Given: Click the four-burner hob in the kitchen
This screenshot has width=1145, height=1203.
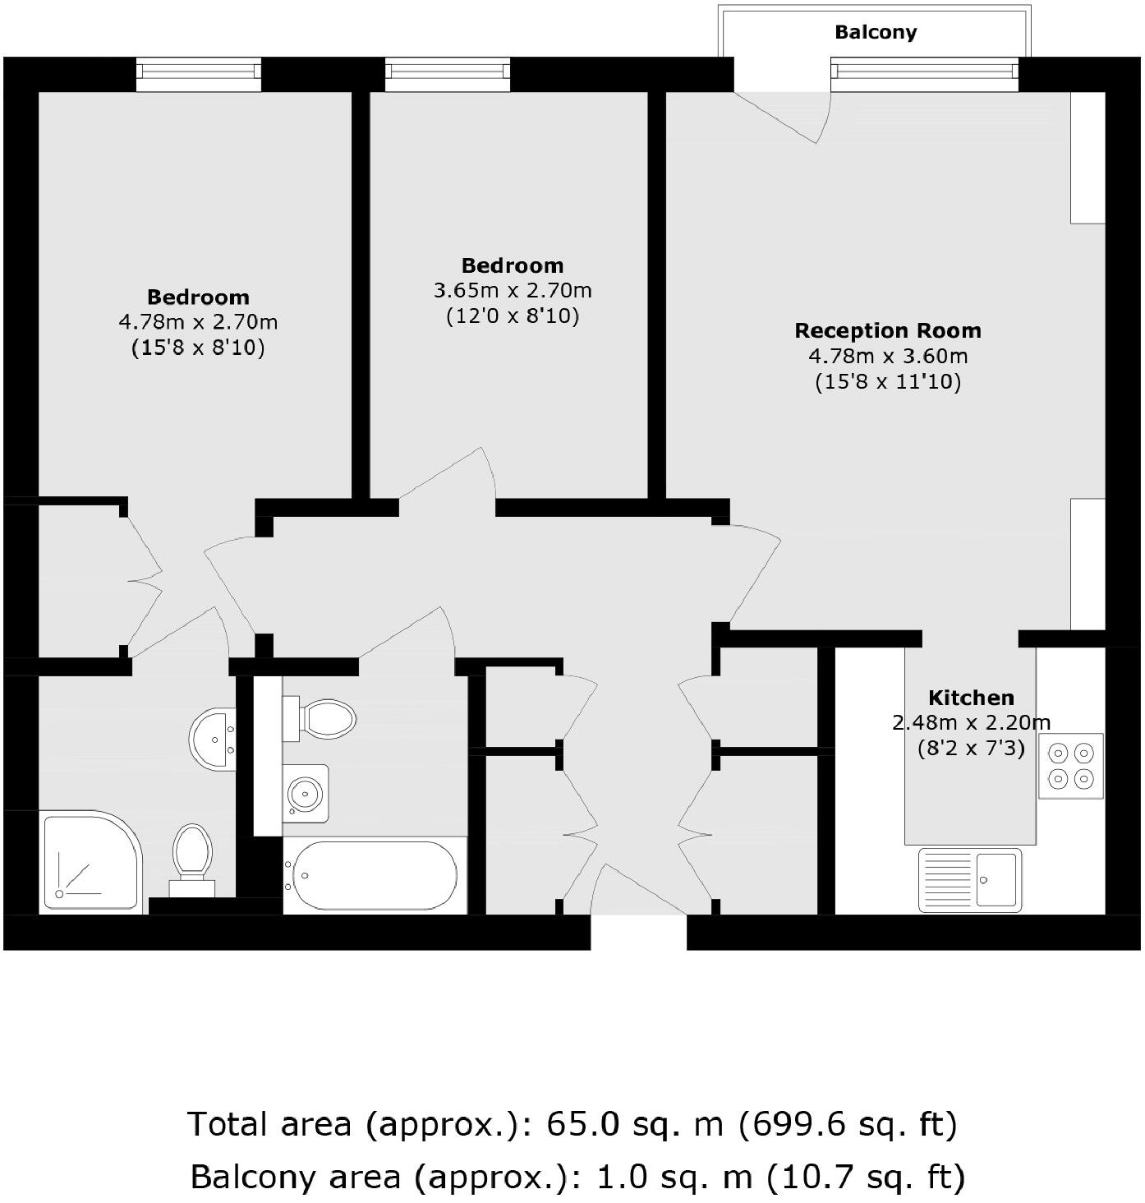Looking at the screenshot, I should [1070, 766].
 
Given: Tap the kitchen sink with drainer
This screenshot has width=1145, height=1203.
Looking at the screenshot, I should [969, 879].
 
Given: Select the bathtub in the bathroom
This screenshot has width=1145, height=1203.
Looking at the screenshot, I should [375, 875].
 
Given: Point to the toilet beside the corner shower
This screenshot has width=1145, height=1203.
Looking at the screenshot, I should [192, 856].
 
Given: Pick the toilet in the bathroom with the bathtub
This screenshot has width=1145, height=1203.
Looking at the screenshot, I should [322, 718].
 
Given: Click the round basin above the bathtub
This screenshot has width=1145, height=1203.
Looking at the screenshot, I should [306, 793].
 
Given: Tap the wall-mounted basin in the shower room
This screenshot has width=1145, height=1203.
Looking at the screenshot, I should [213, 739].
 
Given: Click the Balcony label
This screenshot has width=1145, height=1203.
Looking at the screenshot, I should [876, 32].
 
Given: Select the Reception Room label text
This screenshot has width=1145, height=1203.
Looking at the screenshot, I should [888, 330].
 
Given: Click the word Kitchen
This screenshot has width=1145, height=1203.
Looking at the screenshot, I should [971, 698].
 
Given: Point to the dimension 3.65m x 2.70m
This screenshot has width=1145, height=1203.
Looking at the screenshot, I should [513, 291].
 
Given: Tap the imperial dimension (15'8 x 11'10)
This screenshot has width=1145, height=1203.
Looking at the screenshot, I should [888, 382].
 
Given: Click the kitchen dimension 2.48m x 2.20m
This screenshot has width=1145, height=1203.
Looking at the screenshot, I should [971, 723].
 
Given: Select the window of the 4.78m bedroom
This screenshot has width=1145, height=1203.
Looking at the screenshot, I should [198, 75].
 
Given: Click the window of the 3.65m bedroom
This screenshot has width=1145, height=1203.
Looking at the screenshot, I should [447, 75].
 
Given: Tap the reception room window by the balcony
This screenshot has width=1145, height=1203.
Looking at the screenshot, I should [924, 75].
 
